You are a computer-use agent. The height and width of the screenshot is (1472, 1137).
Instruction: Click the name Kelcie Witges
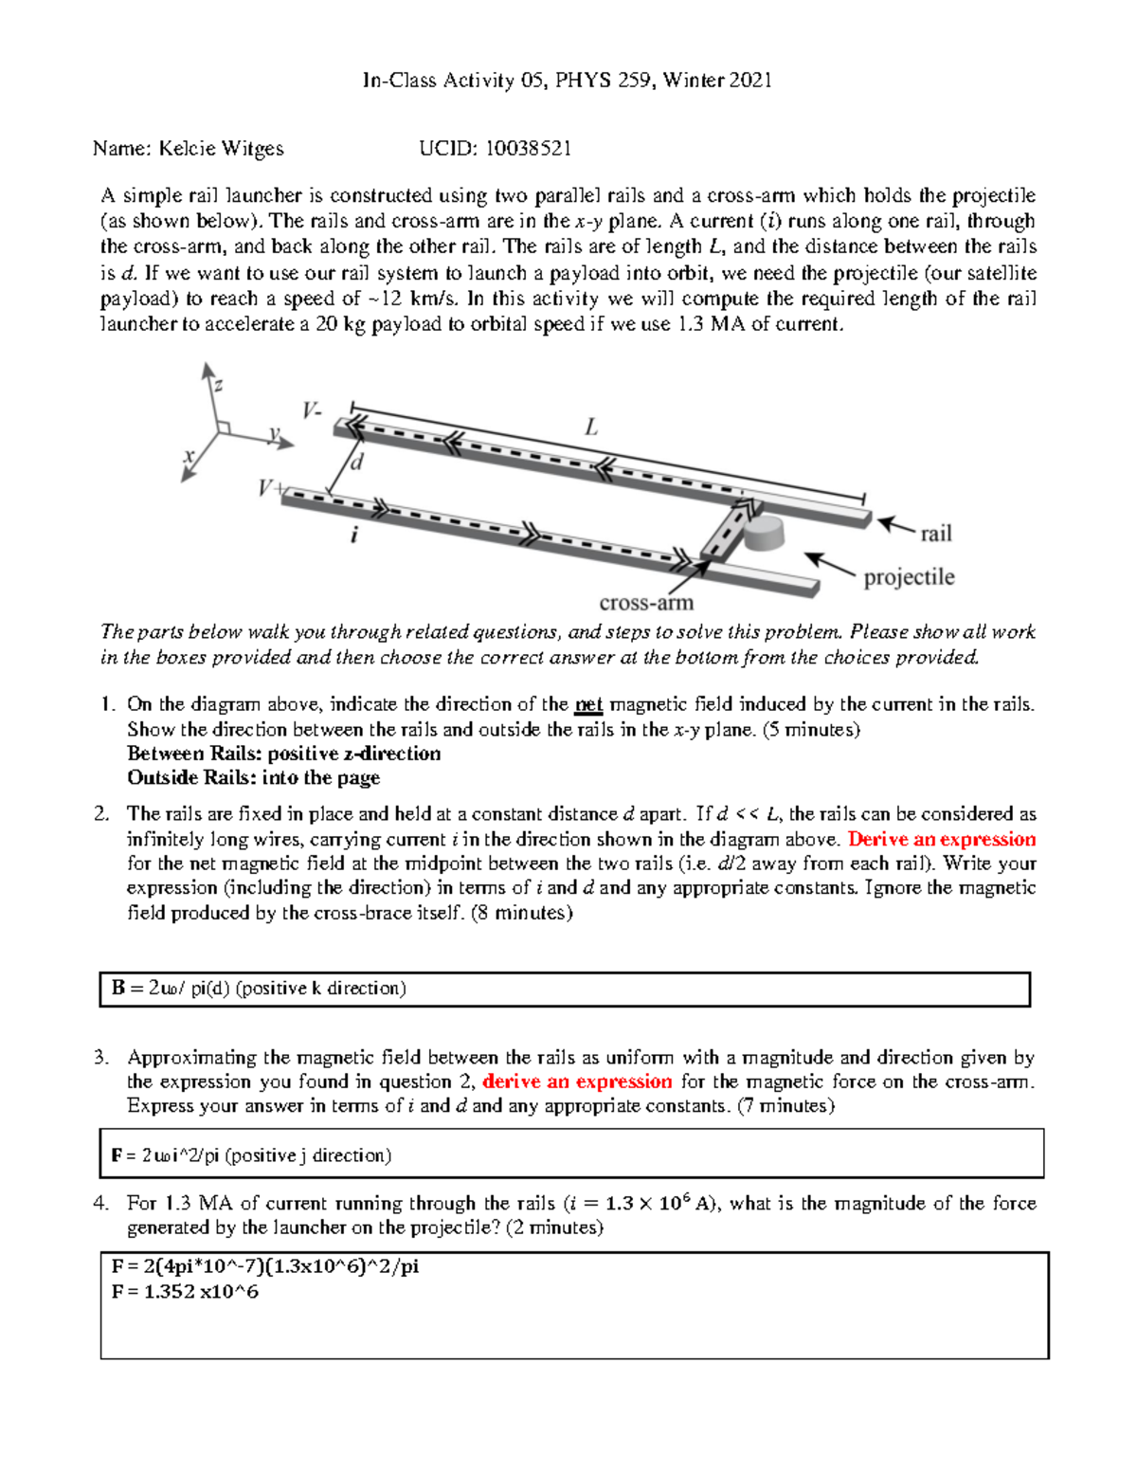tap(221, 148)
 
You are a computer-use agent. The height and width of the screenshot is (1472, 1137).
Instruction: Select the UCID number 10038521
tap(528, 148)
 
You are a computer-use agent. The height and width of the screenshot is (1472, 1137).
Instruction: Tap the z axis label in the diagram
tap(219, 384)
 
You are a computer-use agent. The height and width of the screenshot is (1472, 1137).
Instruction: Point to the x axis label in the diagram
tap(189, 456)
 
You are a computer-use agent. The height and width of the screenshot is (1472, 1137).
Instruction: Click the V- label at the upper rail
tap(312, 410)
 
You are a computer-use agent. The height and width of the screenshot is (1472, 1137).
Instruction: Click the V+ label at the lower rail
tap(271, 488)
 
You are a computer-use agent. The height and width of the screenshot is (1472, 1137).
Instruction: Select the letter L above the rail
tap(591, 427)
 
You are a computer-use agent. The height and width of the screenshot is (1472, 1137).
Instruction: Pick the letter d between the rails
tap(357, 463)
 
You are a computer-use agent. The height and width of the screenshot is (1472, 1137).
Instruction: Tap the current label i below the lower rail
tap(354, 536)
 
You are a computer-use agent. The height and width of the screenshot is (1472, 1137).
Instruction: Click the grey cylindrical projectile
tap(764, 533)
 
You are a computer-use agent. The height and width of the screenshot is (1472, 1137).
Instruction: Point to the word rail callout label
tap(935, 534)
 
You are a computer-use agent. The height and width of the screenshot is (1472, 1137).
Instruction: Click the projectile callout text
tap(909, 577)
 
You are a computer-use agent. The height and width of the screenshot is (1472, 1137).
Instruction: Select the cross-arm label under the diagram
tap(646, 603)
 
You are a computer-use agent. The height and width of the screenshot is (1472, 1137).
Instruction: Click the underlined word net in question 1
tap(588, 704)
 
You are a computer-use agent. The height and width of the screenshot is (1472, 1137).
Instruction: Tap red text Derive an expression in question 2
tap(941, 839)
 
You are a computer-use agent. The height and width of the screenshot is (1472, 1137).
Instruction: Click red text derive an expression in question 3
tap(577, 1081)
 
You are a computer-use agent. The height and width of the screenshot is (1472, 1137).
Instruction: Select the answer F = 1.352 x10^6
tap(185, 1291)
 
